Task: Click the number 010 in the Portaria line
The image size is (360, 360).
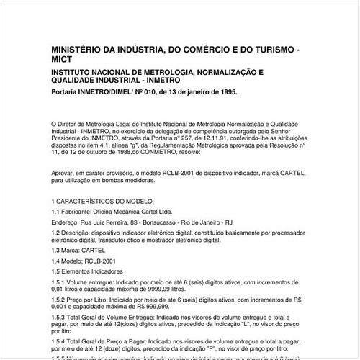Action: (148, 92)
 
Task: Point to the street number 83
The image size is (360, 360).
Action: (135, 224)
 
